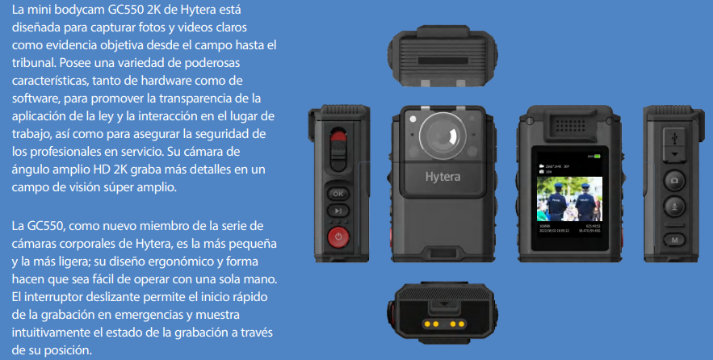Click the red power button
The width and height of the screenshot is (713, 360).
pos(338,237)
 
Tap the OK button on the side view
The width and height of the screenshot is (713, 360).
pos(338,194)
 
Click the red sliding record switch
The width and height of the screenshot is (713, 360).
pos(338,137)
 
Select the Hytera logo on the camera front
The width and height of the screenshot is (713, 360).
pos(442,177)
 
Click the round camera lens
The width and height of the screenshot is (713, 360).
pos(442,136)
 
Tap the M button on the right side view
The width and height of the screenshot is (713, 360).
pos(674,240)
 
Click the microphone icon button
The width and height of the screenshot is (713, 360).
pos(674,207)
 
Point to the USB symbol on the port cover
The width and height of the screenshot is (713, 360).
pos(674,137)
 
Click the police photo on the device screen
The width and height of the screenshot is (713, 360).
pos(569,199)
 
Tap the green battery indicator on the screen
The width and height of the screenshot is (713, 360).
pos(597,157)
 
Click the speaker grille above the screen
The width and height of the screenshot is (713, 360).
pos(570,125)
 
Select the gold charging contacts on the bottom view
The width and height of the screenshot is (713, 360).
pos(444,324)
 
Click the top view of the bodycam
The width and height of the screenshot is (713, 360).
pos(442,56)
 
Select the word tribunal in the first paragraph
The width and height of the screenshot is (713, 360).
pos(34,63)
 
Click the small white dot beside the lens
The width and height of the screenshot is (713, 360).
pos(413,119)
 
